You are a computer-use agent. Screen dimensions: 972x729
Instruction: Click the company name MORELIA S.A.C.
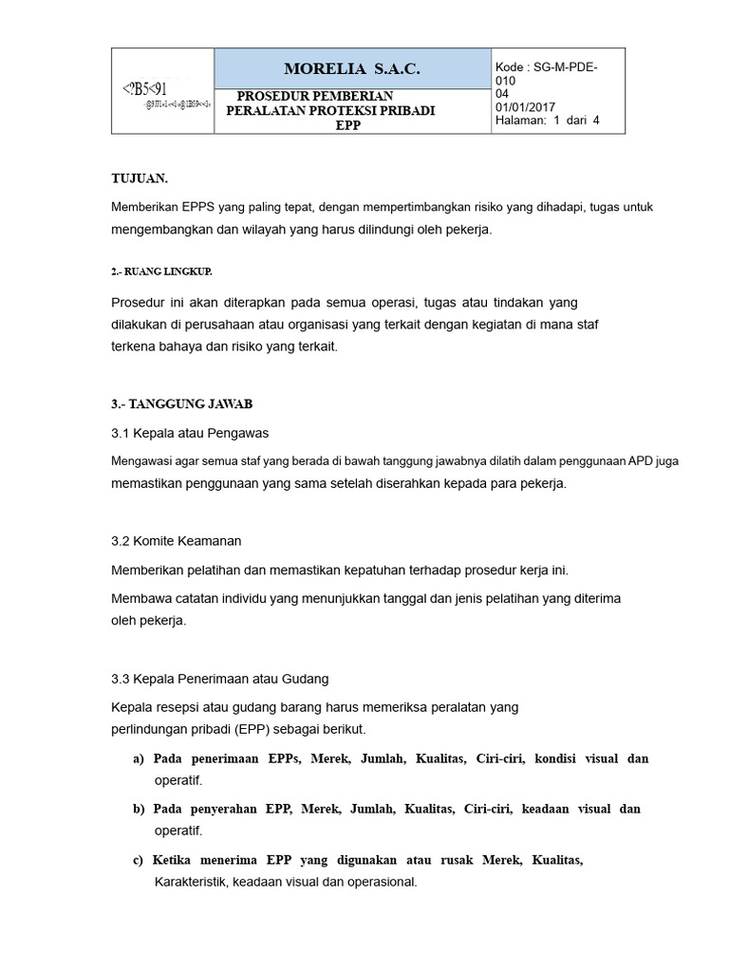point(351,70)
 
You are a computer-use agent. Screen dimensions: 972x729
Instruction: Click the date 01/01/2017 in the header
point(526,107)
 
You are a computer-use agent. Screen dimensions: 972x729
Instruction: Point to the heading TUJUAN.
point(140,178)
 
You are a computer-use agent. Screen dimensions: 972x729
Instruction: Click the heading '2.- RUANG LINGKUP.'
point(161,271)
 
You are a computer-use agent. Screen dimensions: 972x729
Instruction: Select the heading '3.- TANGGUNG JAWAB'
point(182,403)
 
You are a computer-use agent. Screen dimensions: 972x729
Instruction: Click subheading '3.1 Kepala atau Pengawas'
point(190,433)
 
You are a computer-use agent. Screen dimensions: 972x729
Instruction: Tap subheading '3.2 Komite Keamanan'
point(177,541)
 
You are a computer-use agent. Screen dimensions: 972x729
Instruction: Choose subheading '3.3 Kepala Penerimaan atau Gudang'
point(219,679)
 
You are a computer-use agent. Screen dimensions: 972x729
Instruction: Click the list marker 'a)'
point(139,759)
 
